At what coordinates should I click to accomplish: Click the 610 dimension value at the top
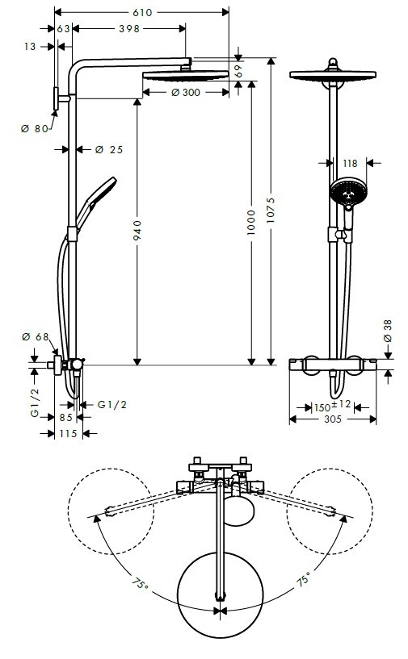tap(142, 13)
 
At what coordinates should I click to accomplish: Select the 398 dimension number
tap(129, 28)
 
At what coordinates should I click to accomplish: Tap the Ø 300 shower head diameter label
tap(186, 93)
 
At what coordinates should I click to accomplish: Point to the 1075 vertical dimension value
tap(271, 211)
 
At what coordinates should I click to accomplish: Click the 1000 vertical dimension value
tap(251, 223)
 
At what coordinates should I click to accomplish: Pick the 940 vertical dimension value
tap(137, 231)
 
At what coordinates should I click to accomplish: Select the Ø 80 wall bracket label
tap(35, 128)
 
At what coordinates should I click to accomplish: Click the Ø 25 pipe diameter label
tap(109, 149)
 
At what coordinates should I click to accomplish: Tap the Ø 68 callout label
tap(36, 336)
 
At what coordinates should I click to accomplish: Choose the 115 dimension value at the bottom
tap(68, 433)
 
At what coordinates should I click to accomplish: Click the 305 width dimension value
tap(333, 419)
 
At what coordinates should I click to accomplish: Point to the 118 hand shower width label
tap(350, 163)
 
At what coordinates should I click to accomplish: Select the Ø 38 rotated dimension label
tap(387, 331)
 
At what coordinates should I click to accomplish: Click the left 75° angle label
tap(140, 584)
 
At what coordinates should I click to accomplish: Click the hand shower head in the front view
tap(349, 192)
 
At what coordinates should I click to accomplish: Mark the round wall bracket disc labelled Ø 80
tap(56, 98)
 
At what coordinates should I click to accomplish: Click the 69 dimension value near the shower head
tap(238, 70)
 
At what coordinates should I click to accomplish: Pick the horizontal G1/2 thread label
tap(112, 405)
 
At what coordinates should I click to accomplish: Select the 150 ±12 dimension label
tap(332, 406)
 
